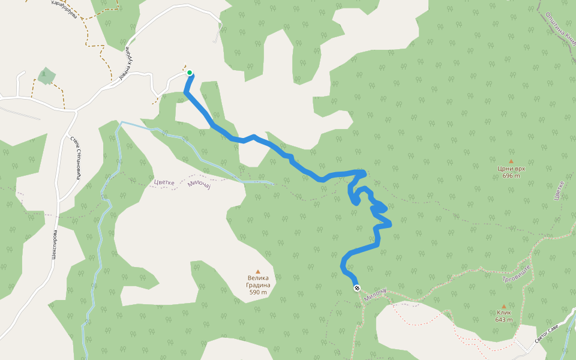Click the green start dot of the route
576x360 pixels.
pyautogui.click(x=190, y=73)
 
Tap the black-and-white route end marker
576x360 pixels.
pyautogui.click(x=357, y=289)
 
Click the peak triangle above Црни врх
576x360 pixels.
pyautogui.click(x=511, y=161)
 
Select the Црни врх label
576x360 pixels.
pyautogui.click(x=511, y=169)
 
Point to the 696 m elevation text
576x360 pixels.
pyautogui.click(x=511, y=176)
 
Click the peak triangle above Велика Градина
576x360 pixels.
pyautogui.click(x=258, y=271)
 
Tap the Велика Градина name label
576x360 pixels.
pyautogui.click(x=258, y=281)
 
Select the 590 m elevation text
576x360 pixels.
pyautogui.click(x=258, y=292)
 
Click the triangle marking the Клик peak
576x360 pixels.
pyautogui.click(x=503, y=307)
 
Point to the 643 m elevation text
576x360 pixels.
pyautogui.click(x=503, y=320)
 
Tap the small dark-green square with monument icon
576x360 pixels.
pyautogui.click(x=45, y=76)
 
